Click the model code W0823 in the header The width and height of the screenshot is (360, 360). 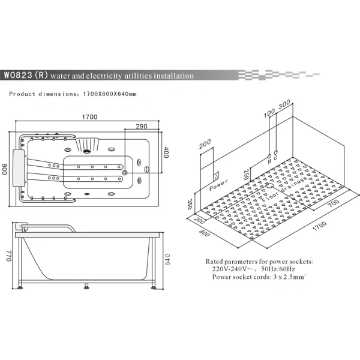pos(18,75)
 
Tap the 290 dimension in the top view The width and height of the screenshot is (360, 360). pos(142,126)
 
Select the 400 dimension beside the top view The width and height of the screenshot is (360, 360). pos(166,152)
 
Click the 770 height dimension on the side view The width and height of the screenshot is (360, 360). pos(9,256)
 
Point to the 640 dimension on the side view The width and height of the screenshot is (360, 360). pos(167,259)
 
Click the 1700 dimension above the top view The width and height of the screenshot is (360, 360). pos(90,117)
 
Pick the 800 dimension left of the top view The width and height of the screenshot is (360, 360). pos(5,169)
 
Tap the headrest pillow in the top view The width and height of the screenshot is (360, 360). pos(19,168)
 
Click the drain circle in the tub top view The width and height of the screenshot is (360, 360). pos(125,172)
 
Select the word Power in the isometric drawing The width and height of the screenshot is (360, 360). pos(218,185)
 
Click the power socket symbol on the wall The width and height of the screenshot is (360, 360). pos(216,176)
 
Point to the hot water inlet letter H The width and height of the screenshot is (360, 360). pos(269,161)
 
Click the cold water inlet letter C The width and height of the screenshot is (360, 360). pos(275,157)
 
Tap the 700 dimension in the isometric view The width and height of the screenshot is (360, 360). pos(334,203)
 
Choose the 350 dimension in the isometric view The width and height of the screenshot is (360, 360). pos(190,204)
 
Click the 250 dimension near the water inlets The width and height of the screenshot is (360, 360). pos(246,175)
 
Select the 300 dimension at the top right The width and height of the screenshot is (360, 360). pos(284,104)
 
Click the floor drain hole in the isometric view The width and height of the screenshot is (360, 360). pos(269,184)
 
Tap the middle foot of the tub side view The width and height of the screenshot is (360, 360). pos(86,286)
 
